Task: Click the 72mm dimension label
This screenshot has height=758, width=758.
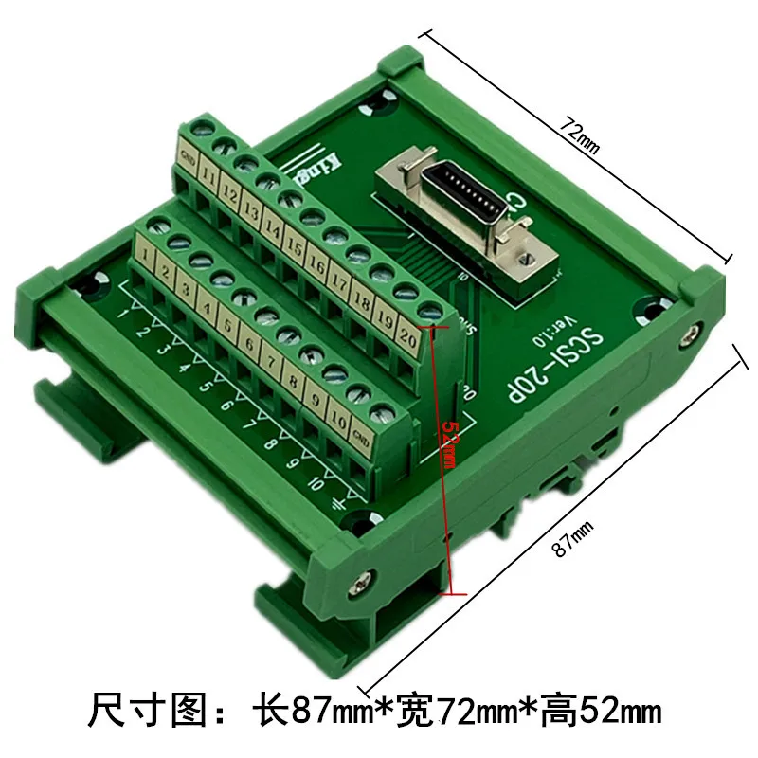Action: pyautogui.click(x=581, y=134)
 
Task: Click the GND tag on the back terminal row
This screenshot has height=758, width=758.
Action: pyautogui.click(x=187, y=161)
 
